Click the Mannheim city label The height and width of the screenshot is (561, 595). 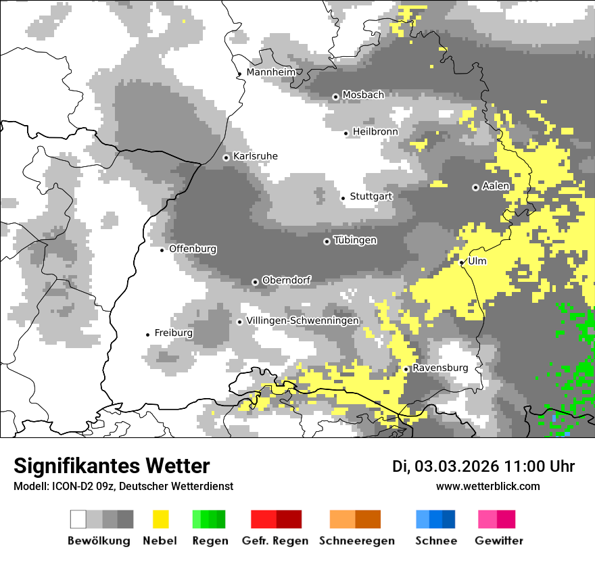click(x=270, y=72)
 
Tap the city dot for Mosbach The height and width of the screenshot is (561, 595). click(x=335, y=97)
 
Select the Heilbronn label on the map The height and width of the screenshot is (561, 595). click(x=375, y=132)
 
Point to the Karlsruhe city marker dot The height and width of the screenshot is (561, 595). click(x=227, y=157)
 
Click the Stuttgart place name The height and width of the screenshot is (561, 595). click(x=371, y=197)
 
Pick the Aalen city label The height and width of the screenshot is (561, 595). click(x=496, y=186)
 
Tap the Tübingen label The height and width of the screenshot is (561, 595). click(x=355, y=241)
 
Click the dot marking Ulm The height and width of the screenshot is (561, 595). click(x=462, y=262)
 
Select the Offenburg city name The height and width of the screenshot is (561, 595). click(x=193, y=249)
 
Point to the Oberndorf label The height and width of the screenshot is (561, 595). click(x=286, y=280)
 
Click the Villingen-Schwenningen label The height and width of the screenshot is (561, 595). click(x=303, y=320)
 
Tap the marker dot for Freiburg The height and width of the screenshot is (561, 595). click(x=147, y=335)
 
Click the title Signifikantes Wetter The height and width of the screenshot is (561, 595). click(x=112, y=466)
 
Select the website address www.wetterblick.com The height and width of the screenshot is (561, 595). click(x=488, y=487)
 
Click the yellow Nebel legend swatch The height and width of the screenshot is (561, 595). click(x=160, y=519)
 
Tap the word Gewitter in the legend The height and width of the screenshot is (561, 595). click(x=499, y=541)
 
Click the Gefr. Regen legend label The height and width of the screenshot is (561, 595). click(x=275, y=541)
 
